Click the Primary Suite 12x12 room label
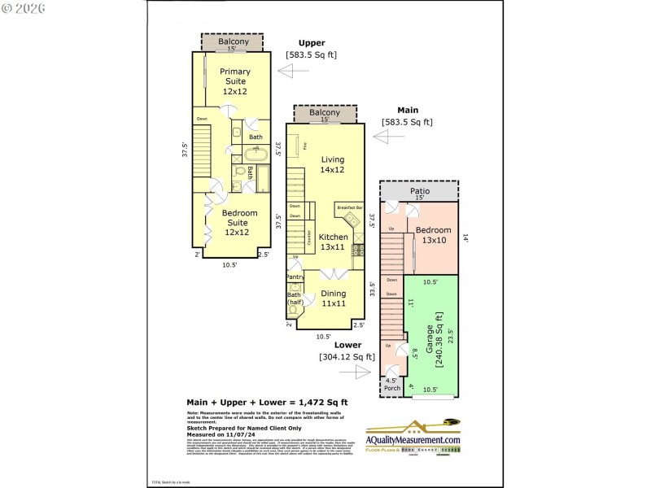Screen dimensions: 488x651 [x=235, y=81]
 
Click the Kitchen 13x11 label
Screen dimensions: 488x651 [x=333, y=242]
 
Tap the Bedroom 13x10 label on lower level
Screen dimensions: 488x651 [x=433, y=235]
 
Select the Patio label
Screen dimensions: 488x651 [x=419, y=191]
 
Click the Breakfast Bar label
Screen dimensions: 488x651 [x=349, y=208]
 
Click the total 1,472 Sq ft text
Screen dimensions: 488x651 [x=267, y=402]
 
